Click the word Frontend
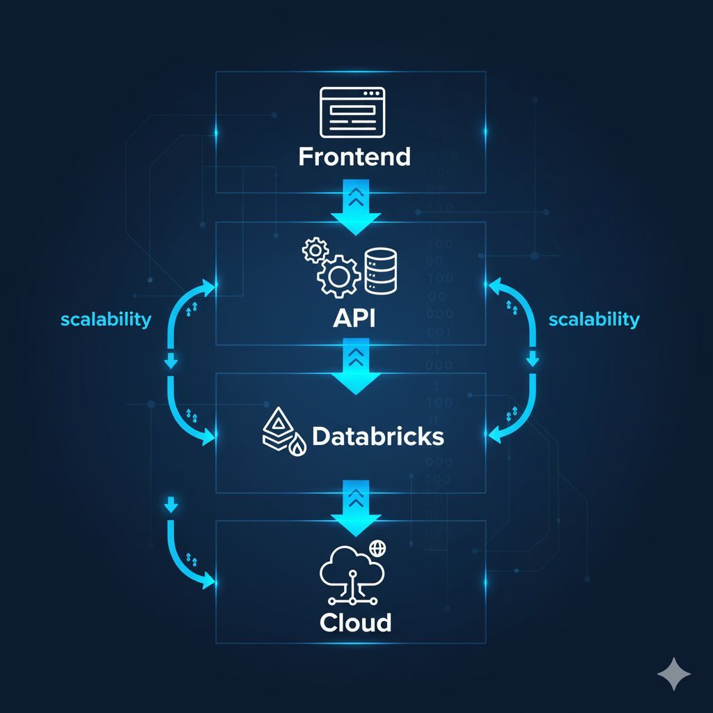click(354, 156)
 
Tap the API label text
click(354, 319)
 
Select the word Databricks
click(378, 437)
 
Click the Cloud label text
click(355, 622)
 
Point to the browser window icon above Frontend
click(352, 112)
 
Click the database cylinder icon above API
click(382, 271)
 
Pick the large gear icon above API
click(338, 276)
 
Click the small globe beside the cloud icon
click(378, 548)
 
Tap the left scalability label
click(106, 320)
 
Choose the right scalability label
click(594, 320)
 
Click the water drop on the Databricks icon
click(299, 448)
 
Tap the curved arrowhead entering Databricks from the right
click(497, 434)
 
